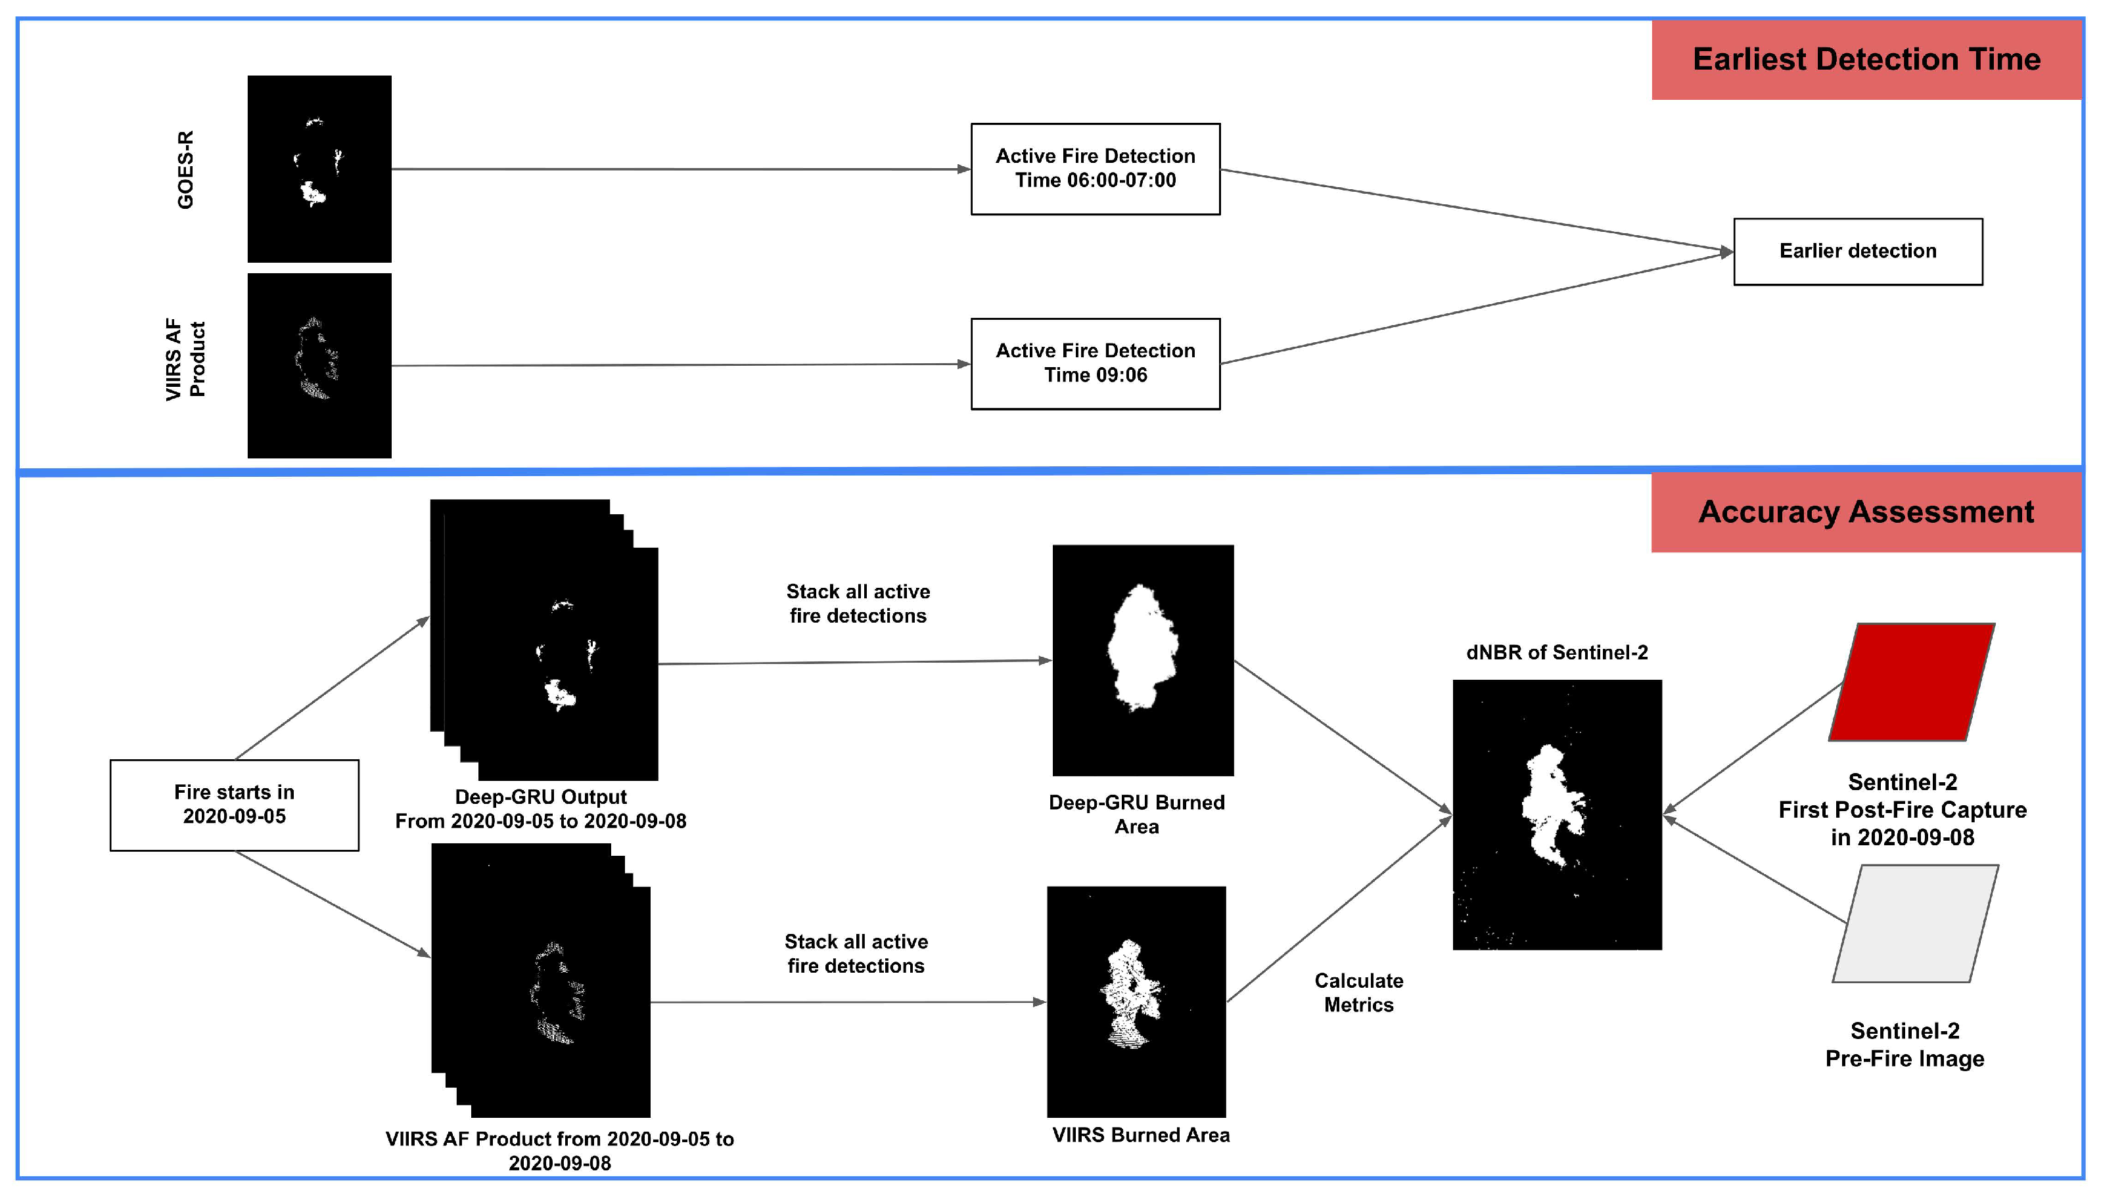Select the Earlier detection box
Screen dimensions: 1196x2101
1857,252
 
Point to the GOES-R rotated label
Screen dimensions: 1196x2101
186,169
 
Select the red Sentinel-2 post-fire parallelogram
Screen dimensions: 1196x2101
1910,682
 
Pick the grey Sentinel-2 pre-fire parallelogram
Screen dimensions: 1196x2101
1914,923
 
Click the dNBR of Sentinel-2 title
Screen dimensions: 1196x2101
1556,653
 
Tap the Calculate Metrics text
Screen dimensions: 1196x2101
1358,992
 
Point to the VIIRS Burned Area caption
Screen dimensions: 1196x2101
1140,1135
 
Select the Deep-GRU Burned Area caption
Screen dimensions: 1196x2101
1136,814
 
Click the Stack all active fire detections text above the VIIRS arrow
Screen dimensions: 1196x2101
856,954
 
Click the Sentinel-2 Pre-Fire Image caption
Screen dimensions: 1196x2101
1904,1044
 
